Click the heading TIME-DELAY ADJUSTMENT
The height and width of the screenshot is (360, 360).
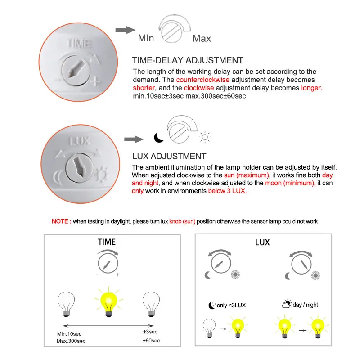tap(187, 60)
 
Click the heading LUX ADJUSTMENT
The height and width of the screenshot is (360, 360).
tap(169, 157)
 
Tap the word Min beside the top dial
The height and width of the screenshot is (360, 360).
tap(146, 38)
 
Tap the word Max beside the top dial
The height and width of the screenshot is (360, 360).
tap(202, 38)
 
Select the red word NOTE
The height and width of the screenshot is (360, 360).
tap(61, 221)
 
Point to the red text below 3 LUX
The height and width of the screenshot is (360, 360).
tap(227, 191)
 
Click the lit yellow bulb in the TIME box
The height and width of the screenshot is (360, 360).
tap(108, 300)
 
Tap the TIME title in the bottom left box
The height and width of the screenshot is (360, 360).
tap(107, 242)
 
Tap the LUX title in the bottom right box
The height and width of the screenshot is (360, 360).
tap(262, 243)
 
